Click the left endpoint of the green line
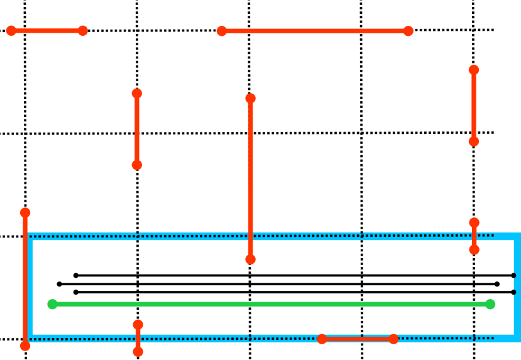click(x=53, y=304)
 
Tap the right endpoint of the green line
click(x=490, y=304)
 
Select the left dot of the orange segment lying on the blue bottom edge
click(x=322, y=339)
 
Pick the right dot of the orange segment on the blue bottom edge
click(x=393, y=339)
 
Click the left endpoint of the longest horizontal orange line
click(x=222, y=31)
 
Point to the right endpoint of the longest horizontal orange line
click(x=408, y=31)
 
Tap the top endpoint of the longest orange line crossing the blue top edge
click(x=251, y=98)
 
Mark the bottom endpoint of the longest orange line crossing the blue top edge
click(x=251, y=259)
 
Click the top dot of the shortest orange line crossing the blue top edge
click(x=474, y=222)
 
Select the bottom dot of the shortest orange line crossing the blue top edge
click(x=474, y=249)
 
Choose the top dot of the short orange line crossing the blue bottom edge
click(x=138, y=324)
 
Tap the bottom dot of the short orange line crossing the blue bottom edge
click(x=138, y=351)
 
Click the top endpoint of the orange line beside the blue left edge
click(x=25, y=212)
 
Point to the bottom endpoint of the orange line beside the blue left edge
click(x=25, y=346)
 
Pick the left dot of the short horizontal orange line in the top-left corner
click(x=11, y=31)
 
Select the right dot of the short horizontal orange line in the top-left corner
click(x=83, y=31)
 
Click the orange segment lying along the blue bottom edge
click(x=358, y=339)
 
